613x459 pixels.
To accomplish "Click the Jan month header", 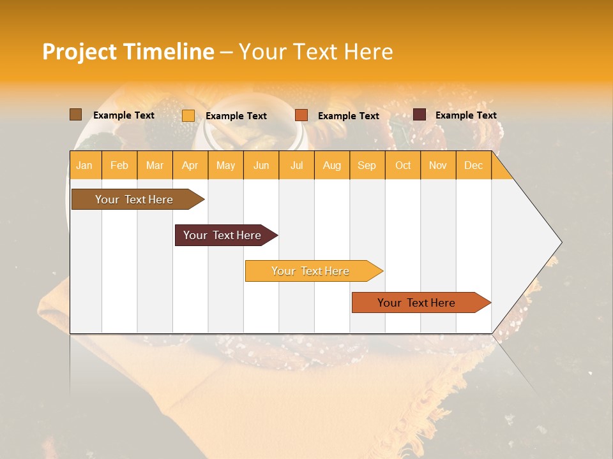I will [x=84, y=166].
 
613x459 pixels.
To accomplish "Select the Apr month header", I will [x=190, y=166].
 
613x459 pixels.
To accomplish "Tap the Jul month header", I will [x=296, y=166].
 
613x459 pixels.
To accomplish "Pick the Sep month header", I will [x=367, y=166].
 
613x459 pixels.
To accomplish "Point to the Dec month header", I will [x=473, y=166].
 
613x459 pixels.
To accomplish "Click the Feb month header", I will [x=119, y=166].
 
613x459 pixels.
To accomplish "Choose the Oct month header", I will [x=403, y=166].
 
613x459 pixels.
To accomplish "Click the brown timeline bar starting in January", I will [x=134, y=200].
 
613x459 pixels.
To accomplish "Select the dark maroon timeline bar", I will [x=222, y=235].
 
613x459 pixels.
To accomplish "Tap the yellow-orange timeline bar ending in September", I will [x=310, y=271].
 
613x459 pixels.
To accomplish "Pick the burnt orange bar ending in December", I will [x=416, y=303].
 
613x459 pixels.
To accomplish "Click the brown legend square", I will [x=75, y=115].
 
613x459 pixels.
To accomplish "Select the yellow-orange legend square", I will [x=188, y=115].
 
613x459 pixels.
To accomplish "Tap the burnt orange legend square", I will [x=301, y=115].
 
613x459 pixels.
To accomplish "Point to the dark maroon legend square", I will [x=420, y=115].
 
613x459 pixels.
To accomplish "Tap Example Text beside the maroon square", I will [x=465, y=115].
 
